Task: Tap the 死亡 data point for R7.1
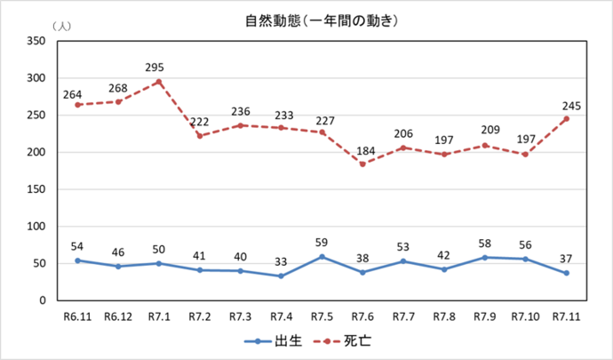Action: pyautogui.click(x=159, y=82)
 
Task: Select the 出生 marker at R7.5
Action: pyautogui.click(x=321, y=257)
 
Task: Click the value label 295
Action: pyautogui.click(x=159, y=66)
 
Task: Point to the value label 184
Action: pyautogui.click(x=362, y=148)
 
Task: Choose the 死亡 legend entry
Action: pyautogui.click(x=346, y=340)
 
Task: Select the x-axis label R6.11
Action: pyautogui.click(x=77, y=317)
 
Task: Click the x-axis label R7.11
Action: pyautogui.click(x=566, y=317)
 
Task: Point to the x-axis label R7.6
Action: pyautogui.click(x=362, y=317)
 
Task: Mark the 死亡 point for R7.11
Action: pyautogui.click(x=566, y=119)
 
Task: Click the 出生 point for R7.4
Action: pyautogui.click(x=281, y=276)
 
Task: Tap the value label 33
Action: pyautogui.click(x=281, y=260)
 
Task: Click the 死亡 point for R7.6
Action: pyautogui.click(x=362, y=164)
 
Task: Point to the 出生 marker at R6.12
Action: pyautogui.click(x=118, y=267)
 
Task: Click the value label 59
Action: pyautogui.click(x=321, y=241)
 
